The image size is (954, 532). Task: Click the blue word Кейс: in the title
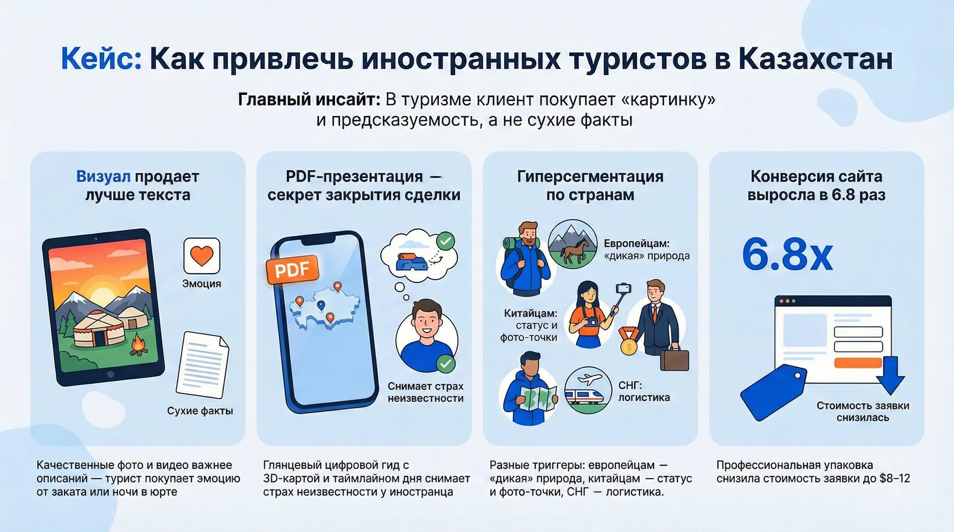[101, 58]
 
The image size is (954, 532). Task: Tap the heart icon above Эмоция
[202, 255]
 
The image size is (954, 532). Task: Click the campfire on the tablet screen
[137, 344]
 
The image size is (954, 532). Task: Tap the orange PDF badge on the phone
[292, 270]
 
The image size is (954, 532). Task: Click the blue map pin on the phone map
[321, 305]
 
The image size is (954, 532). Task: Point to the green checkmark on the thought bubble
[446, 241]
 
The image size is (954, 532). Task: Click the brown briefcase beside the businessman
[675, 360]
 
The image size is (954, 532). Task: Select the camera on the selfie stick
[624, 289]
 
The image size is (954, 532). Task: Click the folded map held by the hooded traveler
[538, 397]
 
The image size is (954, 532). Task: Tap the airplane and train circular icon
[588, 389]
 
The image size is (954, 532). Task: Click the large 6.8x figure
[787, 254]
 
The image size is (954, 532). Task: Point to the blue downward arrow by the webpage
[890, 375]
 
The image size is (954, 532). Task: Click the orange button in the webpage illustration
[857, 363]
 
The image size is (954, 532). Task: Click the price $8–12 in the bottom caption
[894, 479]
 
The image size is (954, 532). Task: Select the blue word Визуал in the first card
[103, 177]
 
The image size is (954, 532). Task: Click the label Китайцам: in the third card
[530, 313]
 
